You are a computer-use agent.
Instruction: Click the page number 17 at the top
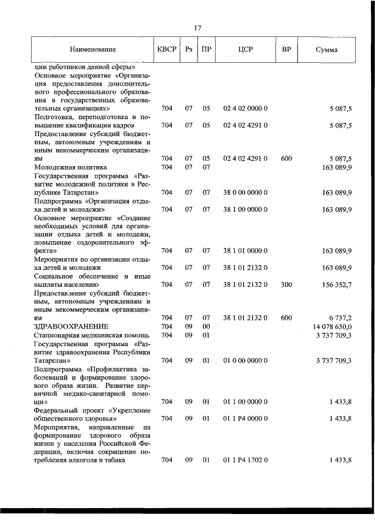(197, 28)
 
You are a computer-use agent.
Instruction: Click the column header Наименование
(92, 50)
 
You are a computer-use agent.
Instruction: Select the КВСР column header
(166, 50)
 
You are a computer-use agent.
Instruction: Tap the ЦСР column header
(246, 50)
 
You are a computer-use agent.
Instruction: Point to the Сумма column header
(326, 50)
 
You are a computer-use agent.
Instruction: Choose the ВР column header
(287, 50)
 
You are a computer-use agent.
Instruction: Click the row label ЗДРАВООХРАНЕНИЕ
(71, 326)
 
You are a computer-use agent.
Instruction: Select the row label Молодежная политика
(70, 167)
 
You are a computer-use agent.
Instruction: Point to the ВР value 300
(287, 285)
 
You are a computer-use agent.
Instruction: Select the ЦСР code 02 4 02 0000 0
(246, 109)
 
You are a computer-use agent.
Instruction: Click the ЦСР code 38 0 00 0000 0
(246, 192)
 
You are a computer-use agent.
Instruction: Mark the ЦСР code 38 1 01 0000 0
(246, 251)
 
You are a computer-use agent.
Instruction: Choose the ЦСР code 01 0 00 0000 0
(246, 360)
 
